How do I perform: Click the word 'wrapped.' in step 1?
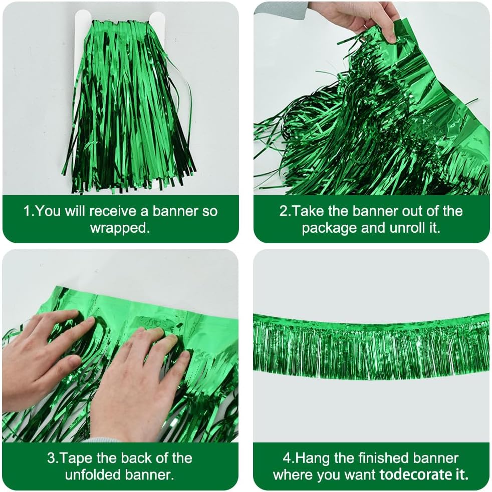point(120,228)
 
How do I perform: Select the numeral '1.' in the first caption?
point(29,211)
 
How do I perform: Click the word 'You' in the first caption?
point(49,211)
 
